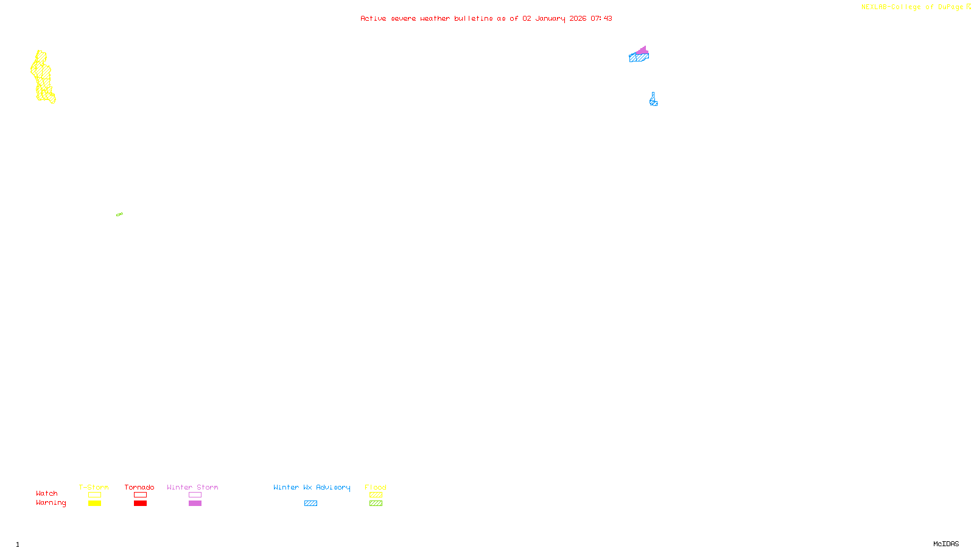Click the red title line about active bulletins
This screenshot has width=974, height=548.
point(486,18)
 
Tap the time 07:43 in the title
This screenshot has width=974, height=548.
point(601,18)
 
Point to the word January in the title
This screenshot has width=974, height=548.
point(550,18)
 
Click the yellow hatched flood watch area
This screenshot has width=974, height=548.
point(42,76)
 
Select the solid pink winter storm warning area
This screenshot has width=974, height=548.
point(642,51)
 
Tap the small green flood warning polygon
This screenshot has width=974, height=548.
point(119,214)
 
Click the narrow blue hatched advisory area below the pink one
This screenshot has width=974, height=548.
point(653,100)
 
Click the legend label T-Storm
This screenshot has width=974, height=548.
point(94,487)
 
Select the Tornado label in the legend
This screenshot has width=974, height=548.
point(139,487)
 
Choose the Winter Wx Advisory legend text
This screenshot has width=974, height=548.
point(312,487)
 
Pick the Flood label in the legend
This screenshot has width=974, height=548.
point(376,487)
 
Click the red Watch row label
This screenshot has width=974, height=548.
point(47,493)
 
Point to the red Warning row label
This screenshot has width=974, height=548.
point(51,503)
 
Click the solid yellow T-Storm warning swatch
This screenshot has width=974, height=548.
point(94,504)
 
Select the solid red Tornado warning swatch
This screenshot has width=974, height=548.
point(140,504)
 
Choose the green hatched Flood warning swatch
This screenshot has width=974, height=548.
point(376,504)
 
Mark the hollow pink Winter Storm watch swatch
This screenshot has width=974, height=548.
point(195,495)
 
